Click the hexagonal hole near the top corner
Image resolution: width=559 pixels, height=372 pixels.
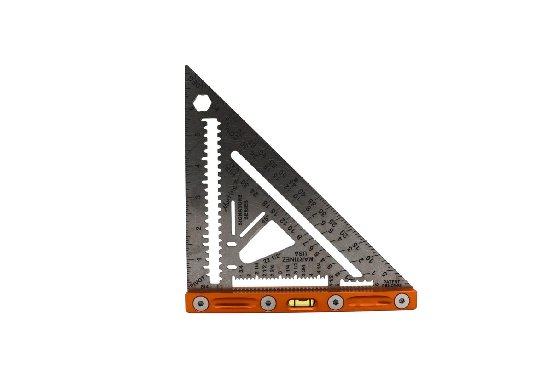202,103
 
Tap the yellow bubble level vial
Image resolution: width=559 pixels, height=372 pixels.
302,303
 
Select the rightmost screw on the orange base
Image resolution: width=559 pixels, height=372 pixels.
402,301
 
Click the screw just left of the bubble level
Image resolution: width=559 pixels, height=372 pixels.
268,303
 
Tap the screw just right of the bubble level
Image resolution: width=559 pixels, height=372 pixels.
335,303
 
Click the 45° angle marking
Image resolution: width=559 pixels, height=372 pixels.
264,221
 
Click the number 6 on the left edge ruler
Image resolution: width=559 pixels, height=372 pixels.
191,109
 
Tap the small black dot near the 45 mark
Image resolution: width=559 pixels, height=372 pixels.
296,181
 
